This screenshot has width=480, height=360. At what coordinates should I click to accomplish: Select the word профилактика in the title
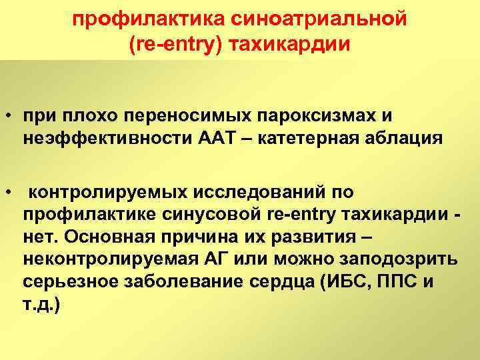pos(127,20)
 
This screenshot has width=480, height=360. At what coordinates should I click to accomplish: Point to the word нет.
pos(38,238)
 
